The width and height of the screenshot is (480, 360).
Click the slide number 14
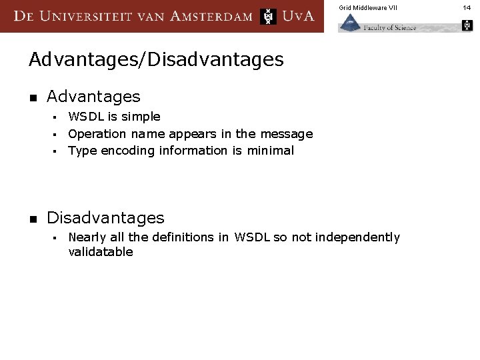[467, 7]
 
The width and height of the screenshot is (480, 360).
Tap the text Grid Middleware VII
[367, 7]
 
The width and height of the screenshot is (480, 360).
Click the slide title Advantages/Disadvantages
[156, 59]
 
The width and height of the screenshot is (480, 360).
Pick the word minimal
[270, 151]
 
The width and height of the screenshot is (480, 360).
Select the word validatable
[101, 252]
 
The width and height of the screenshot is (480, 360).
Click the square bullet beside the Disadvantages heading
[32, 219]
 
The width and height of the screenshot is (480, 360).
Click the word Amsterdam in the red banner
[211, 16]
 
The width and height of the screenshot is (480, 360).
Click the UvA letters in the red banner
[297, 16]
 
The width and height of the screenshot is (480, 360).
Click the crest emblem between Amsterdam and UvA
[268, 16]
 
